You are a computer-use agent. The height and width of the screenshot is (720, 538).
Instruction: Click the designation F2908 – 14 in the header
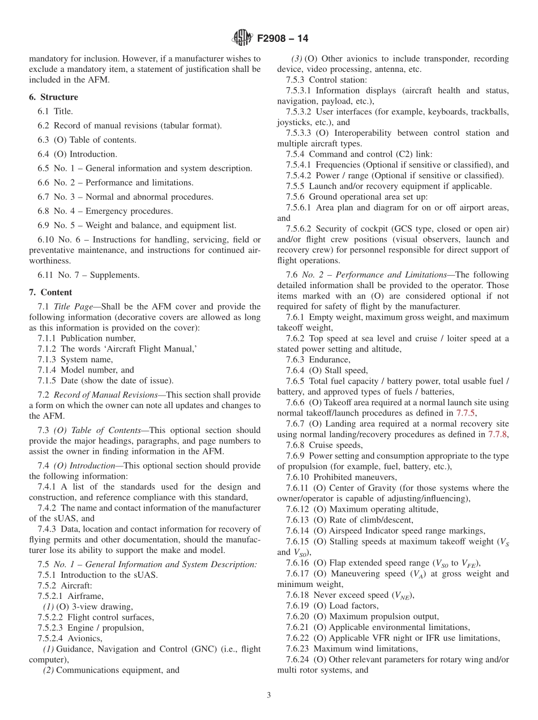(x=283, y=39)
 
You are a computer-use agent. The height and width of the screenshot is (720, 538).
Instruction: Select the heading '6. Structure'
(x=53, y=97)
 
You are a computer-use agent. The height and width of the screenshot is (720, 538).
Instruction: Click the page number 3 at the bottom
(x=269, y=695)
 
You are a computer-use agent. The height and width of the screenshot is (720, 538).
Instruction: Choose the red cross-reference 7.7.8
(x=498, y=435)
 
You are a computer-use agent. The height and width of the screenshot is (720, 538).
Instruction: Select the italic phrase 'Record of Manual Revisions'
(x=100, y=395)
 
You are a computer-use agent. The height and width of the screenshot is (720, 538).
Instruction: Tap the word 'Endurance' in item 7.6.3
(x=328, y=360)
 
